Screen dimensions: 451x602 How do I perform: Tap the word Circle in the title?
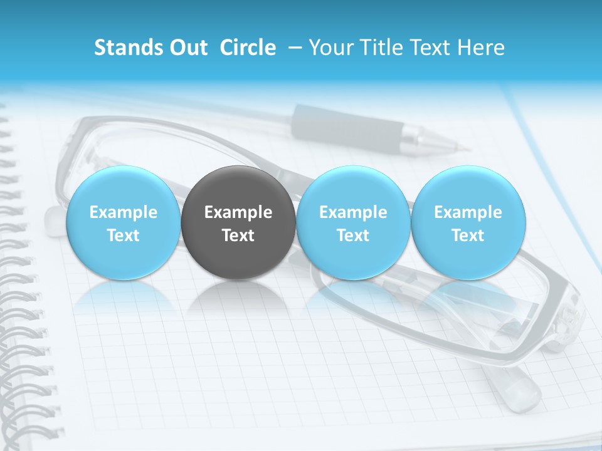(248, 48)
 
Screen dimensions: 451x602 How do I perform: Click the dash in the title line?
(295, 48)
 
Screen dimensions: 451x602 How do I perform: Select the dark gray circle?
(238, 223)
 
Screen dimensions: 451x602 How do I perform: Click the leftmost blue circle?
(123, 223)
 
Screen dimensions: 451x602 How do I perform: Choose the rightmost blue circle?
(468, 223)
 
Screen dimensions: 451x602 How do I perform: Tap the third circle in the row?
(353, 223)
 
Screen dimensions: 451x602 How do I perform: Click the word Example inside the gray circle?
(238, 212)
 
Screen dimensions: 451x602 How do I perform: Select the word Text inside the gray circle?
(238, 236)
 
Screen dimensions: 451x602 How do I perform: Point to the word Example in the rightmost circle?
(468, 212)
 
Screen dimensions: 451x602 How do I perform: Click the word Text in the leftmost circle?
(123, 236)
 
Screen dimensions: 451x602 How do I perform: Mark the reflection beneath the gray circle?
(238, 298)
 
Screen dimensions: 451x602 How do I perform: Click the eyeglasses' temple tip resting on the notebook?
(520, 391)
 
